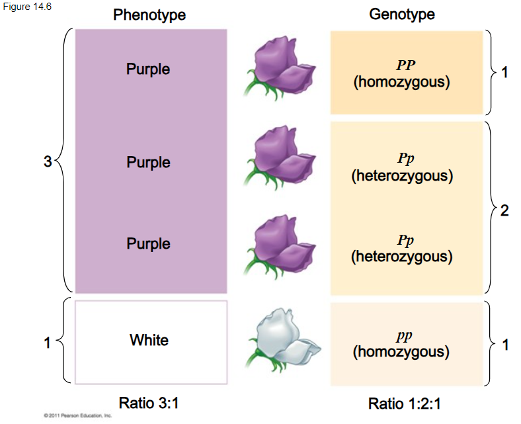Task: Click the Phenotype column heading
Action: click(149, 15)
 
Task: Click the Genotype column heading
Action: click(402, 15)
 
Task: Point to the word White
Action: click(149, 341)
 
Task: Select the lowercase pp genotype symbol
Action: click(402, 337)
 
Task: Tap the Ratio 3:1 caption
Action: click(149, 402)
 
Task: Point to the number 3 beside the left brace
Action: click(48, 161)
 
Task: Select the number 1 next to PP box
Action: click(505, 73)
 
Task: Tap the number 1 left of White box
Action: click(48, 343)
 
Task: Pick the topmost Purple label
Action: click(149, 69)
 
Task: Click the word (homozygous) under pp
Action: click(402, 352)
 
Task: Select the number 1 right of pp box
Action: click(505, 344)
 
